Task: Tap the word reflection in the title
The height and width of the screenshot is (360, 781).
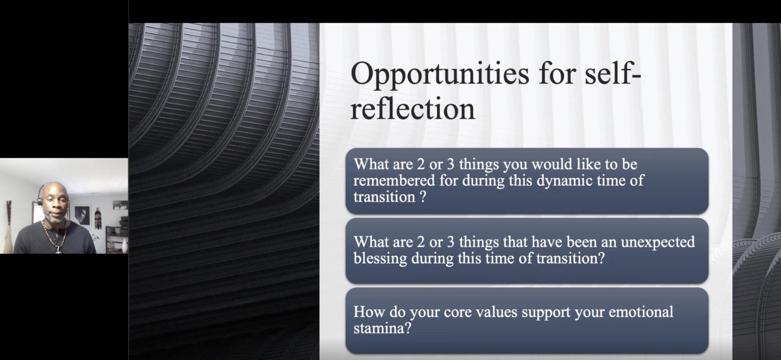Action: pyautogui.click(x=413, y=109)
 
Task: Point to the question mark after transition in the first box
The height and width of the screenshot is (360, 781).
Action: pyautogui.click(x=422, y=197)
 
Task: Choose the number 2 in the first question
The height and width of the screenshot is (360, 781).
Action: pyautogui.click(x=421, y=165)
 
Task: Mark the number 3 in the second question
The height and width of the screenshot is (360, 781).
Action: pyautogui.click(x=450, y=242)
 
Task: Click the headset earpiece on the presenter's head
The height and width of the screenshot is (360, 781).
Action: pyautogui.click(x=40, y=201)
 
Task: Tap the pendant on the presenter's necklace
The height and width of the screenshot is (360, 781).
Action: pyautogui.click(x=59, y=250)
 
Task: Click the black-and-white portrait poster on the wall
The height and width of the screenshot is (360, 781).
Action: pyautogui.click(x=83, y=216)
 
